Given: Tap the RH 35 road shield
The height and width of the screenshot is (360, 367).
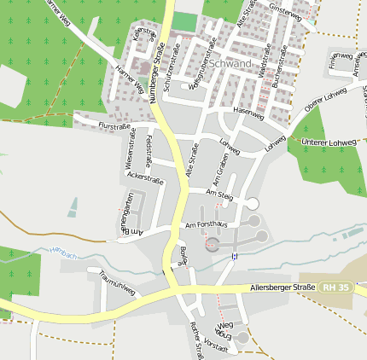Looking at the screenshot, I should coord(336,288).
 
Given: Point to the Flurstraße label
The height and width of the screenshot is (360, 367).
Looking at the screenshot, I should coord(114,126).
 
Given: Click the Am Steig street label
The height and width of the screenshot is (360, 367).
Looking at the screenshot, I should coord(220,195).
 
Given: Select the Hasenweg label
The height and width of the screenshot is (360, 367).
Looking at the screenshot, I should coord(248,112).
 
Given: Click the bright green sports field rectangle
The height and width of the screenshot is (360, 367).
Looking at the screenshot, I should coord(185,21).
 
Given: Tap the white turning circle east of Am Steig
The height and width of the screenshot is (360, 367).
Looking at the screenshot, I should coord(252,203).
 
